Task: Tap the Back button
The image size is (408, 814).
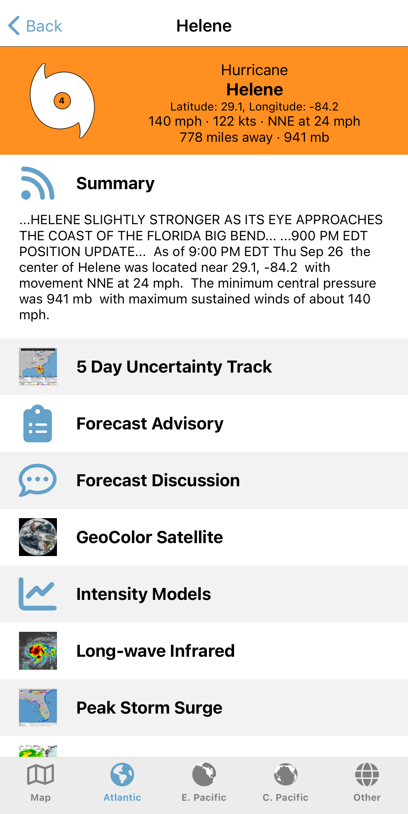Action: (35, 26)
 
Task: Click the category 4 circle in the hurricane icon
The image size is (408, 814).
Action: (62, 101)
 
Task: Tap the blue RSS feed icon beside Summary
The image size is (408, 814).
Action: (38, 183)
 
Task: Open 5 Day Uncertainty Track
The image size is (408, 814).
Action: (174, 367)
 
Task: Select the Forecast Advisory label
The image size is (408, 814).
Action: (150, 423)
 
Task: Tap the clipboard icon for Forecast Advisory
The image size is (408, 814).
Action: (38, 423)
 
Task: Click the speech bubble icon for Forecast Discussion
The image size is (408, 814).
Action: (38, 480)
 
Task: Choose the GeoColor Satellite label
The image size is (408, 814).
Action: (150, 537)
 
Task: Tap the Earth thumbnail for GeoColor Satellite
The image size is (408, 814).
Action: (38, 537)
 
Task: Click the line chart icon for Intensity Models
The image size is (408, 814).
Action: (38, 594)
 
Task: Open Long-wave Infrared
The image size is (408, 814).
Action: (155, 651)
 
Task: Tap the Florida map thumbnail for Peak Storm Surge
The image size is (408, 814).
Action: (38, 708)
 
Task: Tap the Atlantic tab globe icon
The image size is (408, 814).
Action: (122, 775)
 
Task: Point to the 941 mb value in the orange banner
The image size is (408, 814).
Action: (306, 137)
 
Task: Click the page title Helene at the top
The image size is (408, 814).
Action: (204, 26)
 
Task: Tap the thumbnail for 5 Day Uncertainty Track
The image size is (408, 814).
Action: (38, 367)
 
